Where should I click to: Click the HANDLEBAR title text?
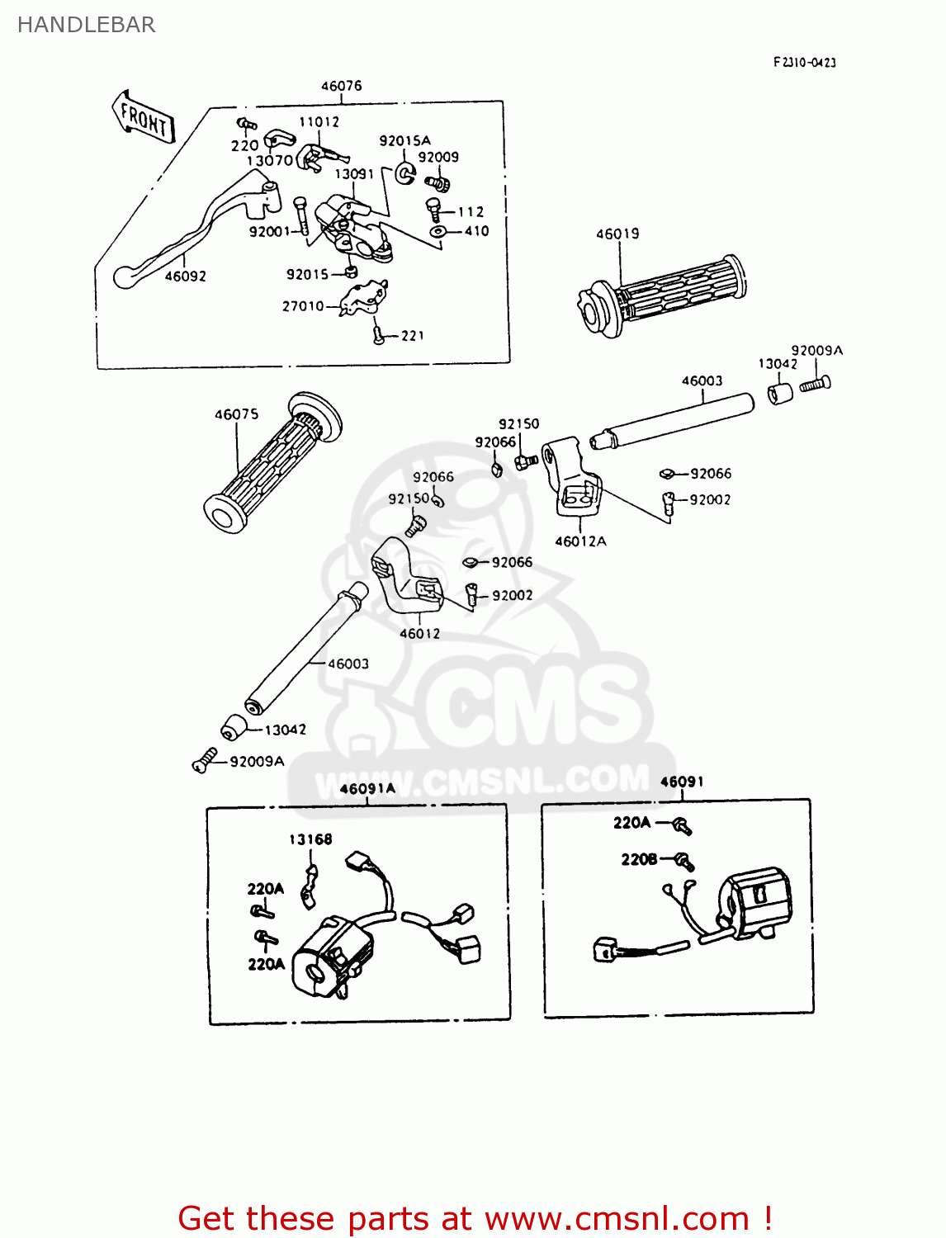tap(86, 25)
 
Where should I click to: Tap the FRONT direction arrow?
tap(143, 118)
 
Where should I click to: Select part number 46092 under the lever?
tap(185, 276)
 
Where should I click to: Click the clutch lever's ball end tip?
tap(123, 277)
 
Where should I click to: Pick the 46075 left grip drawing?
tap(272, 463)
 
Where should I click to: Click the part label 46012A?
tap(580, 541)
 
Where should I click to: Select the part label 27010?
tap(303, 306)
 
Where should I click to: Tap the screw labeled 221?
tap(378, 334)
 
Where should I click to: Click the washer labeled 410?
tap(438, 233)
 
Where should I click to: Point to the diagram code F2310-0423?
tap(804, 63)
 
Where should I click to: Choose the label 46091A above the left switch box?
tap(367, 789)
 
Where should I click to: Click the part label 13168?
tap(310, 839)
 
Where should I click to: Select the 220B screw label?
tap(639, 859)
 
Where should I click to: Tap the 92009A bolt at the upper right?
tap(816, 383)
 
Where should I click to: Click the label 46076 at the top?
tap(341, 86)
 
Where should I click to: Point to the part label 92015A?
tap(404, 141)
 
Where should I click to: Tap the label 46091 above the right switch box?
tap(682, 782)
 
